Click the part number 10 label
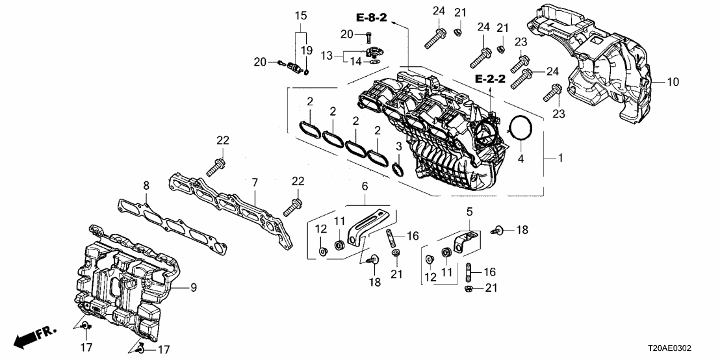tap(673, 83)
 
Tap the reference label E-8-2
tap(370, 18)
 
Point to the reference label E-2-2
tap(489, 79)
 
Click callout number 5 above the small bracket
tap(468, 211)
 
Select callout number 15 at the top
tap(300, 15)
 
